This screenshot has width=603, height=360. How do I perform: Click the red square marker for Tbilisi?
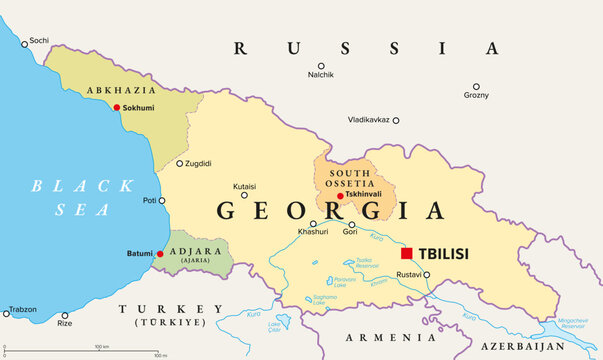[407, 253]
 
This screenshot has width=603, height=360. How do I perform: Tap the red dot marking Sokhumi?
[117, 107]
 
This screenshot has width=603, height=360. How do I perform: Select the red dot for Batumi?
[159, 254]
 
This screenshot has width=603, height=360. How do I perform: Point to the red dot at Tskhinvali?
[340, 196]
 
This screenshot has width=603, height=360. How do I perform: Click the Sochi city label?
[39, 40]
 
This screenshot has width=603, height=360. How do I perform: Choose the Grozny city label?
[476, 95]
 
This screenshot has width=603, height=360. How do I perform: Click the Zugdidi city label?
[200, 163]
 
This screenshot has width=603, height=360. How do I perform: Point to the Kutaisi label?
[245, 186]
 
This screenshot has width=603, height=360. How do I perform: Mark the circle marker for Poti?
[162, 200]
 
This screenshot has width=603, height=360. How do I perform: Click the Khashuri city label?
[313, 233]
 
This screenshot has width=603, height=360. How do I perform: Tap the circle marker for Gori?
[351, 224]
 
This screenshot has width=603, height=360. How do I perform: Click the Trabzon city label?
[23, 309]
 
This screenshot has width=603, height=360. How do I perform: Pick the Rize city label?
[65, 323]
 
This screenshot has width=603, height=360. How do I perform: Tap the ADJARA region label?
[195, 251]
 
